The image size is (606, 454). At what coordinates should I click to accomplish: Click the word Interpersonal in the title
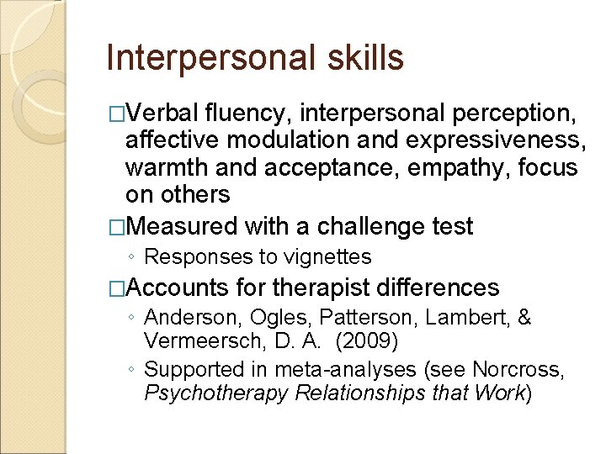pyautogui.click(x=210, y=58)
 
